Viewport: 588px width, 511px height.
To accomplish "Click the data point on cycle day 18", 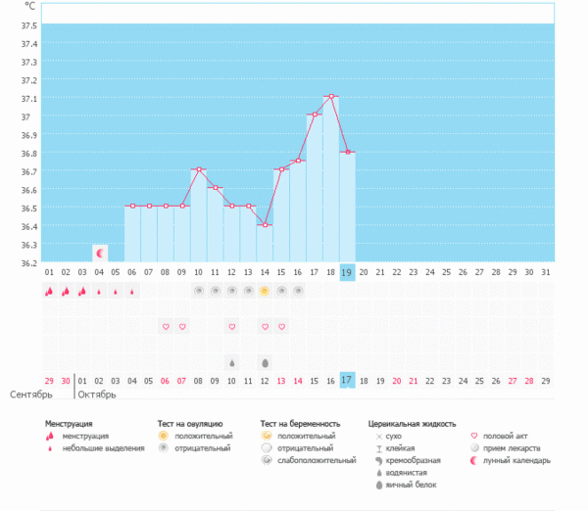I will click(x=331, y=96).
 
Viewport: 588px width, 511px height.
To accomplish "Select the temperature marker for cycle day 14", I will click(x=265, y=224).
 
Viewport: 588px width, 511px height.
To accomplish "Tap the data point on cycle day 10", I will click(x=198, y=169).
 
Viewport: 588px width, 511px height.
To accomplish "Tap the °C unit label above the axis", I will click(x=29, y=6).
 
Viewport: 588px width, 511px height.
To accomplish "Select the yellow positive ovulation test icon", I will click(x=265, y=291).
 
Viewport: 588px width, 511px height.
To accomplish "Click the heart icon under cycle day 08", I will click(x=166, y=326).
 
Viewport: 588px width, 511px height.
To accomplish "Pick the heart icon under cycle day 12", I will click(x=232, y=326).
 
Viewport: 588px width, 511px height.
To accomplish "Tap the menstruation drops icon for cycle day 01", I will click(x=49, y=291).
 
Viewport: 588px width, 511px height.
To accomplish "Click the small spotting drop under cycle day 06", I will click(x=132, y=291).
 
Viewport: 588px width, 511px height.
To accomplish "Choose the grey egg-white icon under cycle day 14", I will click(x=265, y=362).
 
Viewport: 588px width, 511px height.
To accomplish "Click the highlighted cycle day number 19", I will click(x=347, y=272).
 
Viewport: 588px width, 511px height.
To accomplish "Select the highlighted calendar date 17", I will click(x=347, y=381).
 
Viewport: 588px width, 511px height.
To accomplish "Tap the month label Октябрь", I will click(x=97, y=395).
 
